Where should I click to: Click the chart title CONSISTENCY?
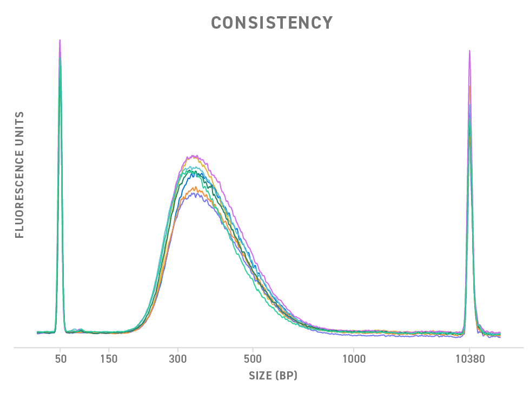coord(271,23)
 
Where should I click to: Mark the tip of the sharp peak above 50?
coord(59,40)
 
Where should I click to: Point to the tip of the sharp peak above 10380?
coord(469,51)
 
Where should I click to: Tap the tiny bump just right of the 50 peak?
coord(80,329)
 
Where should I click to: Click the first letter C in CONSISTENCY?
coord(216,23)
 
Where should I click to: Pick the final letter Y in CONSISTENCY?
coord(327,23)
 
